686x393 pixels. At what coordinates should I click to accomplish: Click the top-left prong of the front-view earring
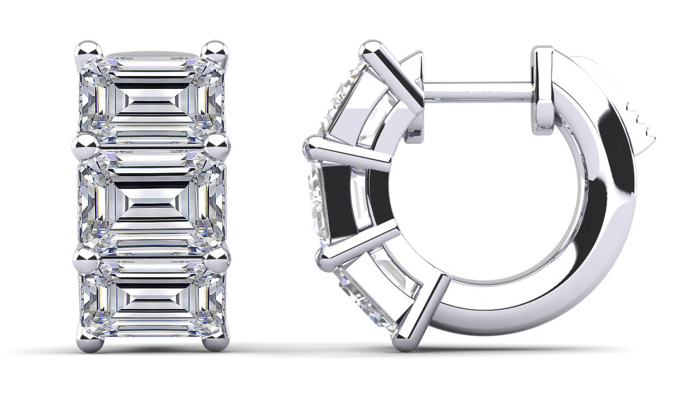pos(89,50)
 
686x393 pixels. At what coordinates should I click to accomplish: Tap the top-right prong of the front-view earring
pos(216,50)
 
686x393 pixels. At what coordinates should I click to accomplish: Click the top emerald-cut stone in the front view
pos(152,97)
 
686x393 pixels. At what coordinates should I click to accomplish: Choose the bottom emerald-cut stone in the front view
pos(152,302)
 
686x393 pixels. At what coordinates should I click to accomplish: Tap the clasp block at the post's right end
pos(543,90)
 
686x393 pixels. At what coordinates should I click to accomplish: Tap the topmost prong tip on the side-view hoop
pos(372,48)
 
